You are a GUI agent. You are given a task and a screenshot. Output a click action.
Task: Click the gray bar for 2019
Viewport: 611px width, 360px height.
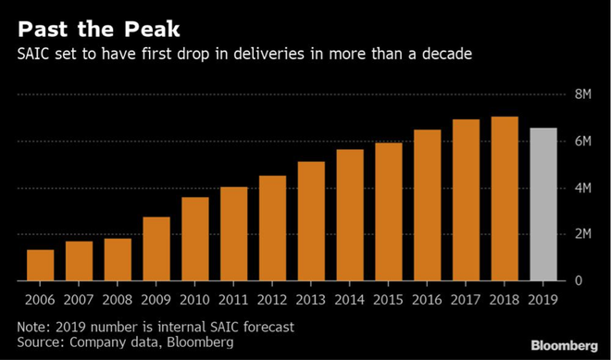pos(543,205)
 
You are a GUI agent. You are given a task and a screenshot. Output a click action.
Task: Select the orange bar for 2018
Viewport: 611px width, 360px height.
pos(505,199)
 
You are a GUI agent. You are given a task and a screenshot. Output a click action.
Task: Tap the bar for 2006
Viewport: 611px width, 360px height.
pos(40,265)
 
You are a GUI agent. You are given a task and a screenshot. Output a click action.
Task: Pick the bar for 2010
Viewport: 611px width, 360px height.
pos(195,239)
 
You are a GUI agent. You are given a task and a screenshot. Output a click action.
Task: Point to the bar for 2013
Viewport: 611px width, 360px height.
pos(311,221)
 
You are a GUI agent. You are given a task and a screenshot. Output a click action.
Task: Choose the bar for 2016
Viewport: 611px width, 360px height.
pos(428,205)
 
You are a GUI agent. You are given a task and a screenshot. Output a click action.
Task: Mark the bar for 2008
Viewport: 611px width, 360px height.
pos(118,259)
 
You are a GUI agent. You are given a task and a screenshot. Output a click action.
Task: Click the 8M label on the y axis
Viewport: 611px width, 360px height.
pos(583,94)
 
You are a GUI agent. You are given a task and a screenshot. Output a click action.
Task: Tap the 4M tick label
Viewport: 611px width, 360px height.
pos(583,188)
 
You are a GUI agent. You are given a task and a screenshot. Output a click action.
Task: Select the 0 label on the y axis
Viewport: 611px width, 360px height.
pos(579,281)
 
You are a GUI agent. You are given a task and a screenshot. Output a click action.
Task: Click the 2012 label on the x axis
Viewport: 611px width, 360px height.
pos(272,300)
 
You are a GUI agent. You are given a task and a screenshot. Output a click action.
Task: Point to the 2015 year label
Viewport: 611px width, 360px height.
pos(389,300)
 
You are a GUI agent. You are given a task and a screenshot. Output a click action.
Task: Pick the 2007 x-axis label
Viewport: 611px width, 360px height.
pos(79,300)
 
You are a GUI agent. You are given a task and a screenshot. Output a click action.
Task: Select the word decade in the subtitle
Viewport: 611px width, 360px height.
pos(446,54)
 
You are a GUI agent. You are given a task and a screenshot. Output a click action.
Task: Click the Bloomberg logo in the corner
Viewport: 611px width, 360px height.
pos(564,345)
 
